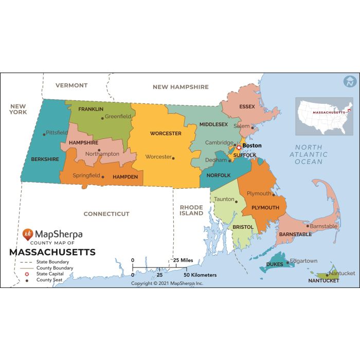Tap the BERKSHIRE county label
(x=45, y=159)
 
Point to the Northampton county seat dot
(x=99, y=150)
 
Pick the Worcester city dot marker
(x=173, y=158)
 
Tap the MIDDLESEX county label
(x=213, y=124)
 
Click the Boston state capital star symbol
(x=239, y=147)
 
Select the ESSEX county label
(x=247, y=107)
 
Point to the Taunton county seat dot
(x=237, y=201)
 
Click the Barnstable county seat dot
(x=308, y=226)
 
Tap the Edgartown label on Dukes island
(x=304, y=261)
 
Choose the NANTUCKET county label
(x=323, y=281)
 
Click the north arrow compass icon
(x=350, y=81)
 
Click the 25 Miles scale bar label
(x=183, y=260)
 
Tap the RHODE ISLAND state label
(x=191, y=210)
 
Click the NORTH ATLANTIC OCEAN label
(x=309, y=154)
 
